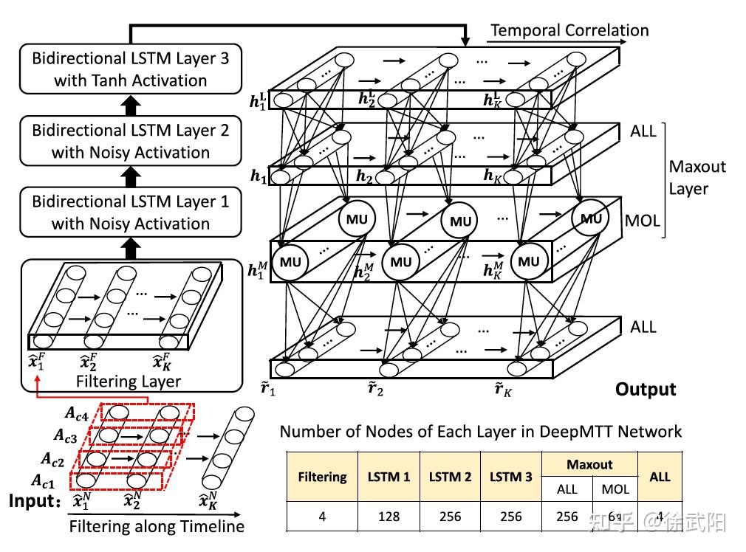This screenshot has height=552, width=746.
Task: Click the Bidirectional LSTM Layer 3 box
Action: (131, 69)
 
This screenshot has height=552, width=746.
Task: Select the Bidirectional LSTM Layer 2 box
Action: (131, 141)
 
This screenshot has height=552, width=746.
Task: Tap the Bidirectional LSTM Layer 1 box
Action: (131, 213)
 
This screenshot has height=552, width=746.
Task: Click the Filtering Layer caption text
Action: (128, 381)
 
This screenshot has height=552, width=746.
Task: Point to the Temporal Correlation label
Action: (569, 30)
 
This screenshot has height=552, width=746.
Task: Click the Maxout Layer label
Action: (697, 178)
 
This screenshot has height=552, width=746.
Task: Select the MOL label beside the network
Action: (643, 220)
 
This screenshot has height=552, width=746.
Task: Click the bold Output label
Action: (646, 389)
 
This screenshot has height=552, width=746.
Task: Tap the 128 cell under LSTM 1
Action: (388, 516)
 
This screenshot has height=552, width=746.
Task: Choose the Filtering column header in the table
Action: (322, 477)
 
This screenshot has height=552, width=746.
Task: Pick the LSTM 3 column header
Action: (510, 477)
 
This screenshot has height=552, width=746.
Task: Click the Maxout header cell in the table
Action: (589, 464)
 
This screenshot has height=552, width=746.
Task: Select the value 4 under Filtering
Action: (322, 516)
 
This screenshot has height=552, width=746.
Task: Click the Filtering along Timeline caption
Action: (157, 527)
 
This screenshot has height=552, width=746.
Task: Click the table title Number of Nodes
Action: (480, 431)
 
